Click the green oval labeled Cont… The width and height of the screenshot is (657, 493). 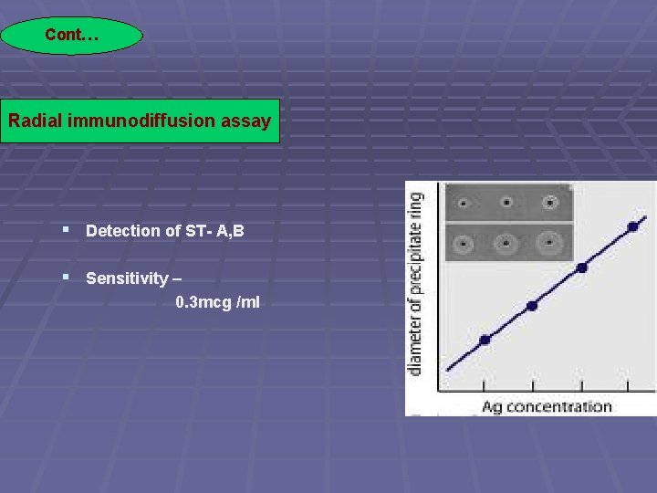[71, 36]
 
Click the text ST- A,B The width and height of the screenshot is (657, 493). [214, 231]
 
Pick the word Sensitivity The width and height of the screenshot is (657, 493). [127, 278]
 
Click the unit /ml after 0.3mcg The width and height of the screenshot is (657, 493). [248, 302]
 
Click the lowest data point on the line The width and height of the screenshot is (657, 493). [485, 340]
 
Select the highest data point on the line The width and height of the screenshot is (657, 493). [632, 226]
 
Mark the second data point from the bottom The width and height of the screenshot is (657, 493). [532, 306]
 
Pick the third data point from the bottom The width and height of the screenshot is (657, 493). [582, 267]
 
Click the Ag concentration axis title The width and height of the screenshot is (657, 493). [546, 406]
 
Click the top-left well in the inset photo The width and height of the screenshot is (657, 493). [463, 204]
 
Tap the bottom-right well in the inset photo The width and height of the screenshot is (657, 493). [550, 244]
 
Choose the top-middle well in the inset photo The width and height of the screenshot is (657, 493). [506, 203]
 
